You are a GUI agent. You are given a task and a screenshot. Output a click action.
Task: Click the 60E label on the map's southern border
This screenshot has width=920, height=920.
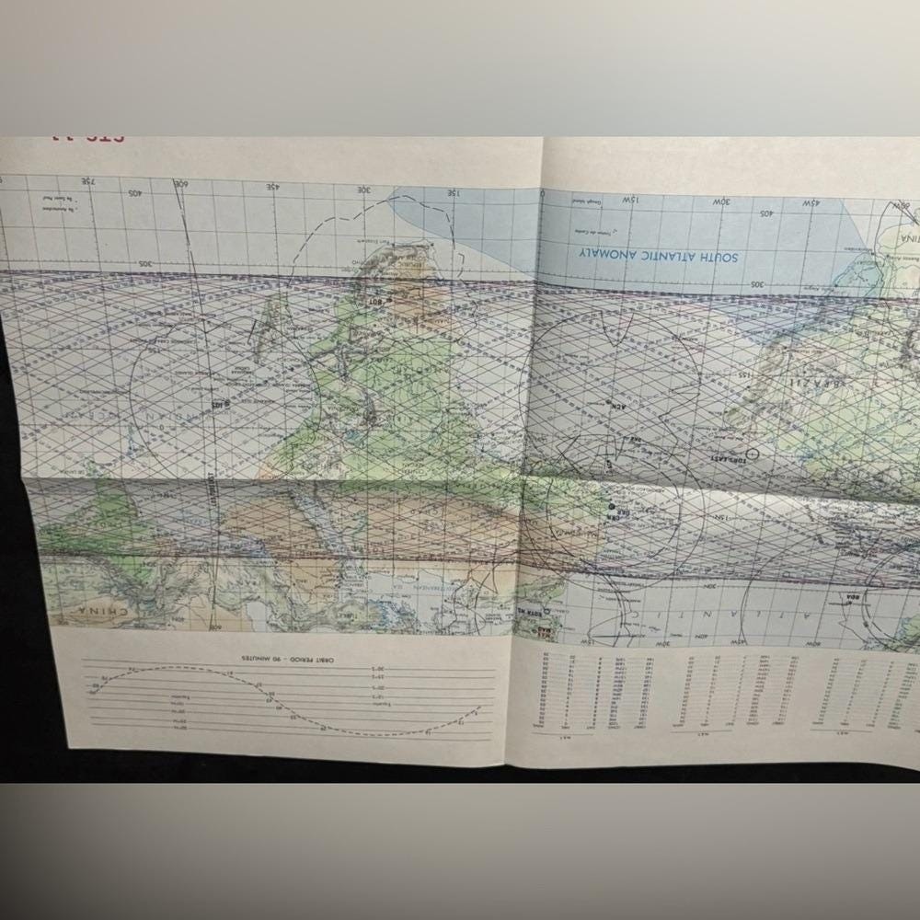pyautogui.click(x=182, y=184)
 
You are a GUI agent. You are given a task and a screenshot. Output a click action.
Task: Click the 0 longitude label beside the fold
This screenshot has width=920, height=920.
pyautogui.click(x=543, y=194)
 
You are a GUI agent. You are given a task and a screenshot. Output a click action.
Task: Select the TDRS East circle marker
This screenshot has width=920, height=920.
pyautogui.click(x=753, y=454)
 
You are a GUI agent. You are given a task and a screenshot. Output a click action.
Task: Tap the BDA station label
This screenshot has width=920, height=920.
pyautogui.click(x=850, y=598)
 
